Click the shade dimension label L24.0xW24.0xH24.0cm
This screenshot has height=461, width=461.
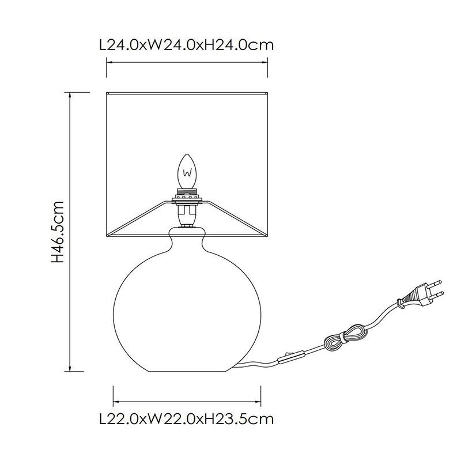[187, 45]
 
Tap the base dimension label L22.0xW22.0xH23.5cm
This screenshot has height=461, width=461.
[187, 419]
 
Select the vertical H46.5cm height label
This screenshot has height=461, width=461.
[57, 232]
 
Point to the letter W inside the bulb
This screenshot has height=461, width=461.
[187, 173]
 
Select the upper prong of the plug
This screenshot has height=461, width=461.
[434, 283]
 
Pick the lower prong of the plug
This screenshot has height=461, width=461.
[437, 294]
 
